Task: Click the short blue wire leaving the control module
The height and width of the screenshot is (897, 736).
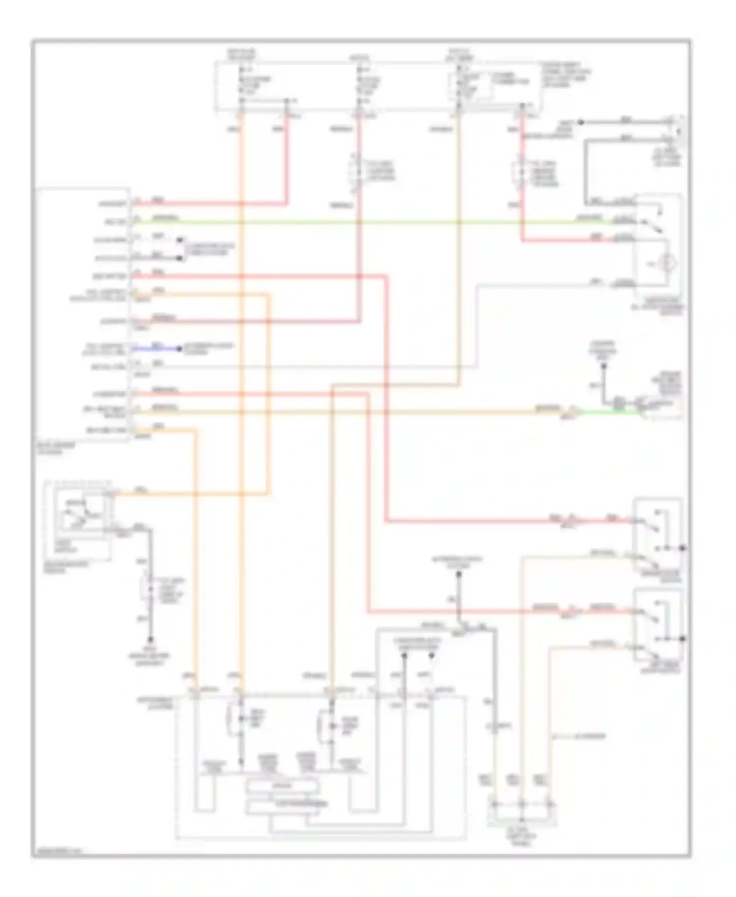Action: click(157, 349)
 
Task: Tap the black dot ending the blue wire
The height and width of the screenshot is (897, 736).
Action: click(179, 349)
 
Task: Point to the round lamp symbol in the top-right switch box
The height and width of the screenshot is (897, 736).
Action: click(666, 264)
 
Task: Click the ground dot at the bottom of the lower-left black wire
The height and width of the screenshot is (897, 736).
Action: click(151, 639)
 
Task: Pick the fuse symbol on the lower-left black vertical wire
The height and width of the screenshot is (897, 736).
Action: click(147, 587)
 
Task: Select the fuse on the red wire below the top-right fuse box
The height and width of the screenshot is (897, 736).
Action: click(520, 173)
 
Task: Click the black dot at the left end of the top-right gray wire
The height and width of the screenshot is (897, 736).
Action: click(580, 122)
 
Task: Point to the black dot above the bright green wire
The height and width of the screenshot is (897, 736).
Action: click(604, 365)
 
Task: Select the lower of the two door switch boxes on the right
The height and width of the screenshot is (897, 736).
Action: click(657, 626)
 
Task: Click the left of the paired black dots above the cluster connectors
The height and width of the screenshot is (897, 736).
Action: click(404, 656)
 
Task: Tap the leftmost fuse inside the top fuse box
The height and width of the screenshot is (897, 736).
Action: click(241, 86)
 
